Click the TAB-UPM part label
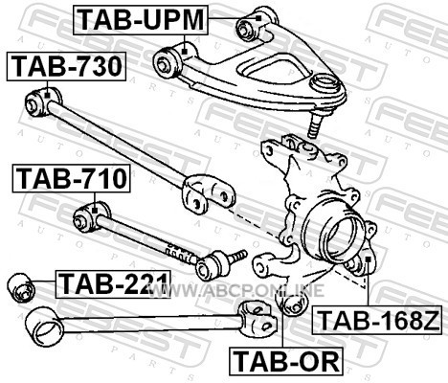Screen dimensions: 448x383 click(x=141, y=20)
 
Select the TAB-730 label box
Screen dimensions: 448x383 click(x=66, y=66)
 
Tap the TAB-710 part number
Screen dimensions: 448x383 click(x=72, y=178)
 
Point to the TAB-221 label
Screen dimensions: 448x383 click(x=113, y=284)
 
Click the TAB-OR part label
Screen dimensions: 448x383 click(x=286, y=361)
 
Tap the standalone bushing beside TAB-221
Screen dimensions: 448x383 click(x=21, y=287)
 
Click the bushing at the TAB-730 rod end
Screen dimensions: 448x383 click(x=43, y=101)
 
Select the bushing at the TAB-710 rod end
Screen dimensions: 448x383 click(x=92, y=216)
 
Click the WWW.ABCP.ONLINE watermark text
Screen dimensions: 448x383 click(x=236, y=290)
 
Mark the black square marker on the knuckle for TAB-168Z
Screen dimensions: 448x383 click(x=368, y=259)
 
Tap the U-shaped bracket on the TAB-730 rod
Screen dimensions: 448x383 click(x=209, y=193)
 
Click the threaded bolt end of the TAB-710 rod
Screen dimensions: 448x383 click(x=237, y=256)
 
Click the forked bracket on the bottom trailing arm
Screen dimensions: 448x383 click(x=258, y=318)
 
